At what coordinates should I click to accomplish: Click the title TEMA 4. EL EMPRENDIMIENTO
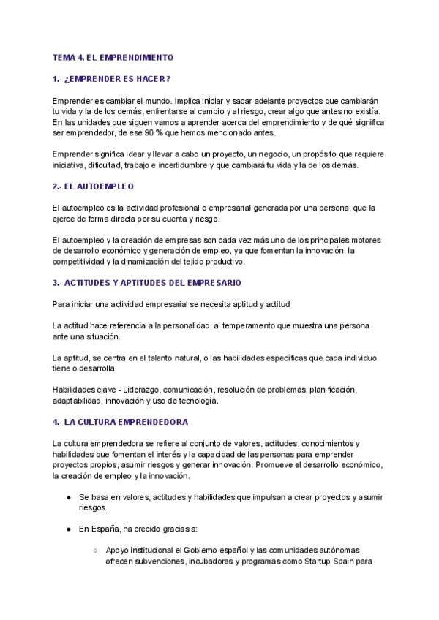click(113, 56)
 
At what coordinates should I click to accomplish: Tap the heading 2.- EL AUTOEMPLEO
click(93, 186)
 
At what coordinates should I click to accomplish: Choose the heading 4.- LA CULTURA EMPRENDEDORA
click(120, 422)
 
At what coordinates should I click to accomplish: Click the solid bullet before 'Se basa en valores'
click(67, 496)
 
